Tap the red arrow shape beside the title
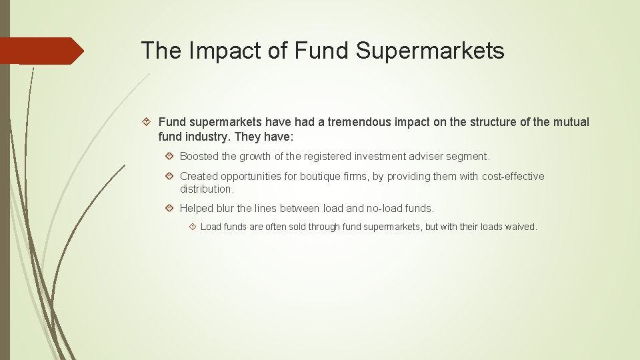pos(41,51)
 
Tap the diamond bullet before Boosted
pos(171,156)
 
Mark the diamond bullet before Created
pos(171,176)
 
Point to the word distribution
pos(206,189)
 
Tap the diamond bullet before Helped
pos(171,208)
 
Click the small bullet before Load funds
pos(193,227)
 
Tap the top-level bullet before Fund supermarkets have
pos(149,122)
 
